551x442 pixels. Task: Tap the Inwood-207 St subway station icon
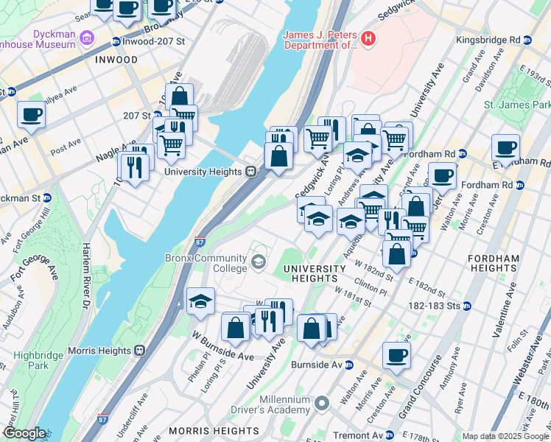coord(116,41)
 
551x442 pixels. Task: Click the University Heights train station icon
coord(250,172)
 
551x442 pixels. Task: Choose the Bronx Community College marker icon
coord(259,262)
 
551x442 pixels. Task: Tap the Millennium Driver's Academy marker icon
coord(321,404)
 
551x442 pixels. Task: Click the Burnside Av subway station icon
coord(349,365)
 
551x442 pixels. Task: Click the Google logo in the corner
coord(24,433)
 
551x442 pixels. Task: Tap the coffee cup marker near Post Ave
coord(32,115)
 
